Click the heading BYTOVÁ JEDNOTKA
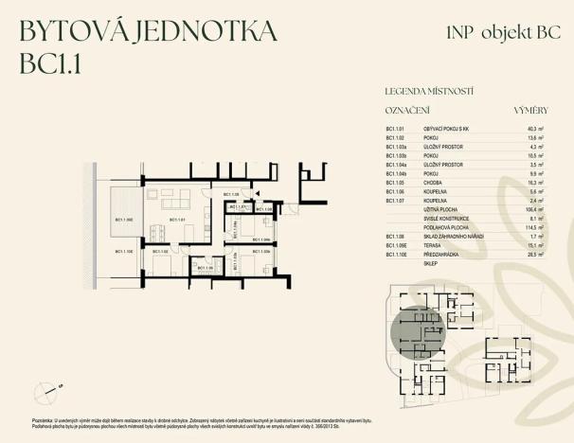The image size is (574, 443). pos(148,31)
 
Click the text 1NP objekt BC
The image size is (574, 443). pos(484,32)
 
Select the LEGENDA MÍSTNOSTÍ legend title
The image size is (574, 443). pos(429,92)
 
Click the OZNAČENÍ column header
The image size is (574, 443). pos(407,111)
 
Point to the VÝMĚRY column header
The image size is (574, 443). pos(530,111)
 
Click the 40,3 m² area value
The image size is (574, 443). pos(534,128)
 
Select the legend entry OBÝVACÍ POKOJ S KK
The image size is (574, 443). pos(445,128)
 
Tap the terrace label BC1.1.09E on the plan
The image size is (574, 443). pos(125,221)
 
